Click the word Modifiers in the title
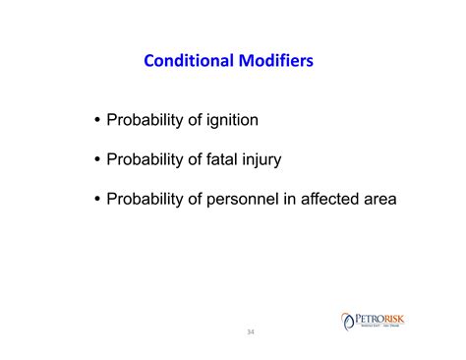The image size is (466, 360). click(275, 61)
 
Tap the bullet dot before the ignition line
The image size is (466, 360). click(96, 122)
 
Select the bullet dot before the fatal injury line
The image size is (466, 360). click(96, 160)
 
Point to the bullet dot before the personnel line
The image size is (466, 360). click(96, 200)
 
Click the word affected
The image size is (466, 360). click(332, 199)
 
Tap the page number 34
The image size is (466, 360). click(250, 331)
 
